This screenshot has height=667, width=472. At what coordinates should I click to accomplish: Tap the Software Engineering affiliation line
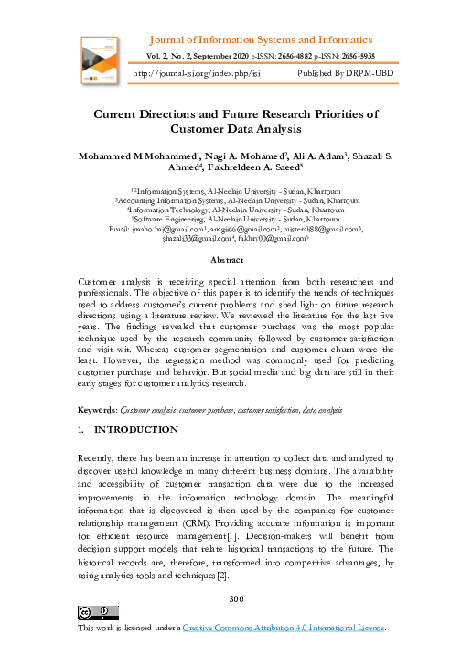[x=237, y=220]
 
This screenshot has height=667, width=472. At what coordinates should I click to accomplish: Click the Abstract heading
[x=236, y=260]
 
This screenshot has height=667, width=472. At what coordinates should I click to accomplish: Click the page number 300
[x=236, y=598]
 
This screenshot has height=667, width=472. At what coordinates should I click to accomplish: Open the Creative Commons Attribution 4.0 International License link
[x=284, y=629]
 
